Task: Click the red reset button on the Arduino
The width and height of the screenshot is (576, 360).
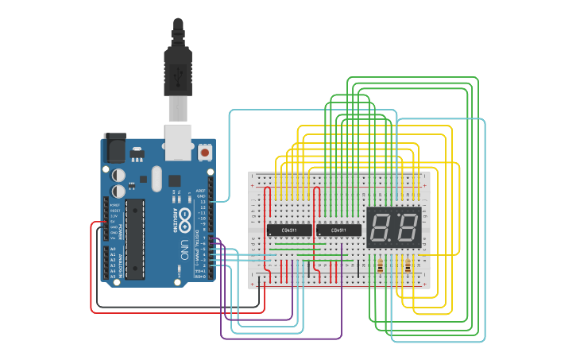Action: click(205, 151)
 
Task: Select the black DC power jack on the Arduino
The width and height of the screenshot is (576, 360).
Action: click(115, 148)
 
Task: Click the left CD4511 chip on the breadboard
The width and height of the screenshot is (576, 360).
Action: click(290, 230)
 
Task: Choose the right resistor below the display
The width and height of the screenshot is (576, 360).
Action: click(408, 266)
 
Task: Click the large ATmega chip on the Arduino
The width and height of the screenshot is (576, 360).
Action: click(135, 238)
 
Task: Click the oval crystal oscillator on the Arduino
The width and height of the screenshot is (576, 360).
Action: click(156, 178)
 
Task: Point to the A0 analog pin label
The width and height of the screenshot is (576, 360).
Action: click(112, 249)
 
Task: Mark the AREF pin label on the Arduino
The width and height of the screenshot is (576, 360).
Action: click(202, 191)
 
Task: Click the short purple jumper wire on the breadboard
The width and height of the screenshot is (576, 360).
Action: click(342, 253)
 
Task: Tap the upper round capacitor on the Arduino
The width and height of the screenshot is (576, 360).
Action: click(118, 173)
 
